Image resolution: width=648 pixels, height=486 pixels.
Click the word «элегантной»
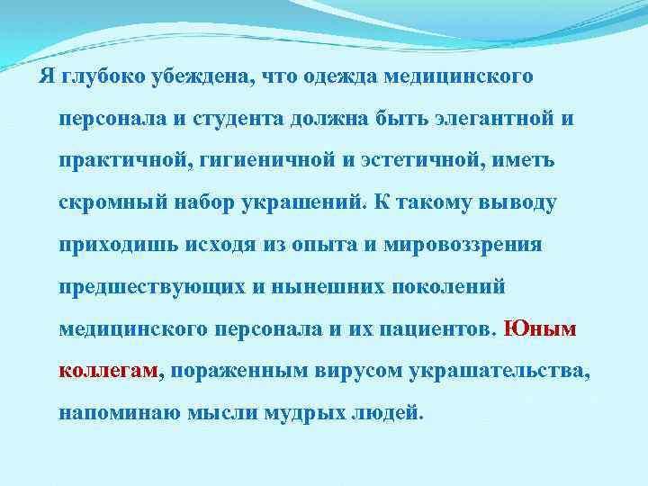(492, 119)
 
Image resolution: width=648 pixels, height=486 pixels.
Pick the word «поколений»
(452, 287)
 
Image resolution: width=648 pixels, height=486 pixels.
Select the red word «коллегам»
(108, 371)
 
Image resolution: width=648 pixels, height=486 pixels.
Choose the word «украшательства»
(499, 371)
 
